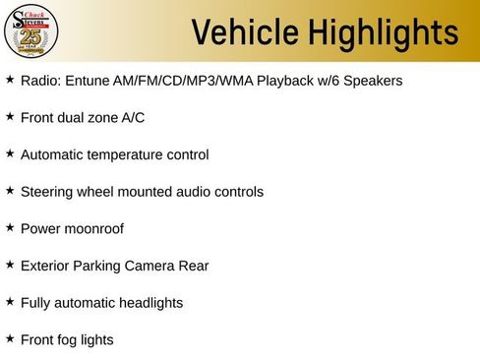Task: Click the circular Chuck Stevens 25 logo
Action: pyautogui.click(x=31, y=33)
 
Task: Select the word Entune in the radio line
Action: pyautogui.click(x=86, y=80)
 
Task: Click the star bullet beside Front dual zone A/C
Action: pyautogui.click(x=10, y=116)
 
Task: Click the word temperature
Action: pyautogui.click(x=128, y=154)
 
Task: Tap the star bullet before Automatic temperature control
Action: pyautogui.click(x=10, y=153)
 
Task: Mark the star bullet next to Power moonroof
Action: pyautogui.click(x=10, y=227)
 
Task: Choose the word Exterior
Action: pyautogui.click(x=44, y=266)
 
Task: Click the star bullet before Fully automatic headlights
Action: pyautogui.click(x=10, y=301)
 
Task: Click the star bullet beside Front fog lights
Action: pyautogui.click(x=10, y=338)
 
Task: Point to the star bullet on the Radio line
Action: pyautogui.click(x=10, y=79)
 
